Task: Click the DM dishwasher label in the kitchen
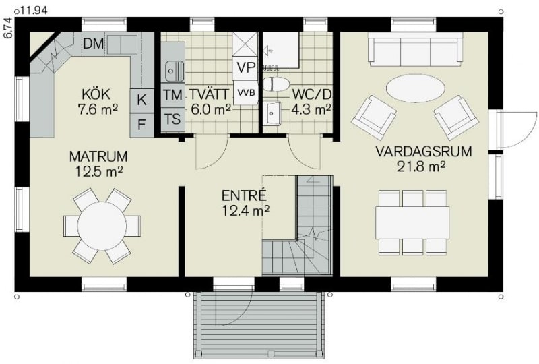[x=94, y=43]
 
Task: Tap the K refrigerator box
[x=141, y=100]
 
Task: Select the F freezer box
[x=141, y=125]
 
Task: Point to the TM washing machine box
[x=172, y=95]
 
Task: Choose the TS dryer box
[x=172, y=119]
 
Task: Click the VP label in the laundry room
[x=245, y=68]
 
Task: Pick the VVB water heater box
[x=246, y=92]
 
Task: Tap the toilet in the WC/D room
[x=276, y=84]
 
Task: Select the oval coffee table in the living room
[x=415, y=88]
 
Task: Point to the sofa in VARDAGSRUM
[x=415, y=49]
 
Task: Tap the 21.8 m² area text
[x=422, y=166]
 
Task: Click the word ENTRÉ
[x=244, y=195]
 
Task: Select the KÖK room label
[x=96, y=94]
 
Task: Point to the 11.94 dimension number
[x=33, y=10]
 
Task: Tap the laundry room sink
[x=174, y=71]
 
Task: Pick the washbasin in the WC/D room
[x=273, y=113]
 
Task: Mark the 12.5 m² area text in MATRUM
[x=99, y=171]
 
